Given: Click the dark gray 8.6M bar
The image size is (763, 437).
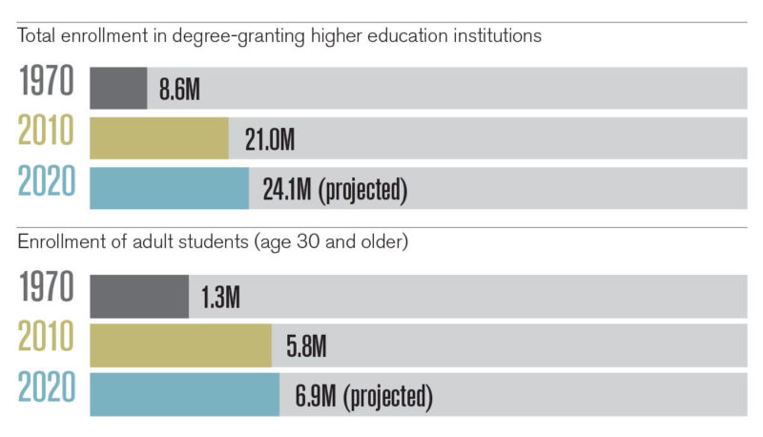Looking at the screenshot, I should point(118,88).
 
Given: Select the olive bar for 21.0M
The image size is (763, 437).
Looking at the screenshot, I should point(159,137).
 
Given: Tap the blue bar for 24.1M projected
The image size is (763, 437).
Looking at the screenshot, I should point(169,187).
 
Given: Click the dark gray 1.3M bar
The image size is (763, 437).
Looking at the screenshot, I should point(139,296).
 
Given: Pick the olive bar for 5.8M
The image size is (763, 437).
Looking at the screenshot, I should point(180,345).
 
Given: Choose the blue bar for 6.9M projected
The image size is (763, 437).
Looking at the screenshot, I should point(184,394).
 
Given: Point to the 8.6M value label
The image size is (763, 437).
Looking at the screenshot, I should point(180,92).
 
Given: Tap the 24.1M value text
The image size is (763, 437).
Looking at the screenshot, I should point(288,191).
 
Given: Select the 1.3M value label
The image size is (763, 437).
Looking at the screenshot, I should point(220,300).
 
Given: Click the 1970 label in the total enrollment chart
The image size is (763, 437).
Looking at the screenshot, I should point(47,83).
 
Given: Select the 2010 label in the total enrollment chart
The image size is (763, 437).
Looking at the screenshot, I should point(47,132).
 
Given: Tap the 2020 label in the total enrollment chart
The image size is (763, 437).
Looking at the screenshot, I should point(47,181).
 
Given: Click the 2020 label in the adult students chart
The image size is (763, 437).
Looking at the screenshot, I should point(47,389).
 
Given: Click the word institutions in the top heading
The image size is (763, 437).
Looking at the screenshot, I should point(496,36).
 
